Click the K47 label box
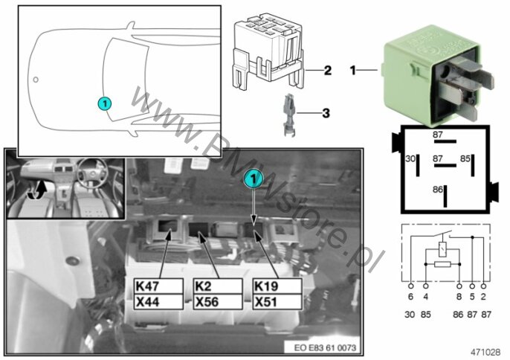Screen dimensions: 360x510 click(x=158, y=286)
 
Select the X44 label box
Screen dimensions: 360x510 click(x=158, y=302)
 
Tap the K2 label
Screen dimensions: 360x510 click(x=217, y=286)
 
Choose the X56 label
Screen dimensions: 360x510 click(x=217, y=302)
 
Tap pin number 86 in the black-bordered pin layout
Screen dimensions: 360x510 click(x=437, y=190)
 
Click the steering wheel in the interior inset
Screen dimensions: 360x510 click(x=85, y=179)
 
